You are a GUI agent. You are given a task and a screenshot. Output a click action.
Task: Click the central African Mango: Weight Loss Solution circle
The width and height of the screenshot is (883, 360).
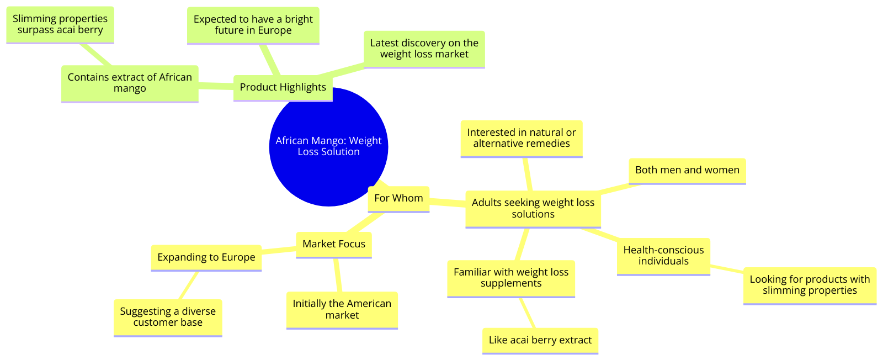[328, 147]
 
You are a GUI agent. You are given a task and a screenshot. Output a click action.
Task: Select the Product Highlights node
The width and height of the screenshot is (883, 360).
[283, 88]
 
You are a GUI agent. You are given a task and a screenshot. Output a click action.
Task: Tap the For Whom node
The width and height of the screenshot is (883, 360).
[398, 199]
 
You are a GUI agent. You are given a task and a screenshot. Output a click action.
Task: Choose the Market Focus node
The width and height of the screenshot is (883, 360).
[334, 245]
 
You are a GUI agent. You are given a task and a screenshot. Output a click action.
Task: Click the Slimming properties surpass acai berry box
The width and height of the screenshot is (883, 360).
[60, 24]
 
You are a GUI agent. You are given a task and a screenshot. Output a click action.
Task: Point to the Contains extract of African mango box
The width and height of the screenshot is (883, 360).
[130, 83]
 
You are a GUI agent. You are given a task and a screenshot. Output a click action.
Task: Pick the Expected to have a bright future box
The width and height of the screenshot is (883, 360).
[253, 25]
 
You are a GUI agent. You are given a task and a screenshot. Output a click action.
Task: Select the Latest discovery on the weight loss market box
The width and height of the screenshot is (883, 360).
[424, 49]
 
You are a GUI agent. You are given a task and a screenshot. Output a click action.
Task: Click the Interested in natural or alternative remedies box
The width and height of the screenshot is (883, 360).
[522, 139]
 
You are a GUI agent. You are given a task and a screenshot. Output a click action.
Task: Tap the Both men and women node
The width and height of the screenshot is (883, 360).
[687, 171]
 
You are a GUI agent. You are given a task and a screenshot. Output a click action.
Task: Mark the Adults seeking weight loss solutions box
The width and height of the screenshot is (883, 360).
[533, 209]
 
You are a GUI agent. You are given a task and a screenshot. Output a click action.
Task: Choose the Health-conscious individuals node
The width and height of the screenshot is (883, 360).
[663, 256]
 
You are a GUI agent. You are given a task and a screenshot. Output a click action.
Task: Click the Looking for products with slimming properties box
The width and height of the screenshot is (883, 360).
[810, 285]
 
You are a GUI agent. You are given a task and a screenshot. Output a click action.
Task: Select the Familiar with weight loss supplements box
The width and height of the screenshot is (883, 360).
[511, 278]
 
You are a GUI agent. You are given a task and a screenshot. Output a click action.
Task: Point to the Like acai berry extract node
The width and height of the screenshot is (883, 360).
[540, 341]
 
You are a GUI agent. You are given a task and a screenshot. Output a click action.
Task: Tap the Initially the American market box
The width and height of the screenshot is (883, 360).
[342, 310]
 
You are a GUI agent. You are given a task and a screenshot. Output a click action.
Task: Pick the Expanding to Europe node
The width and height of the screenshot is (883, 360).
[206, 258]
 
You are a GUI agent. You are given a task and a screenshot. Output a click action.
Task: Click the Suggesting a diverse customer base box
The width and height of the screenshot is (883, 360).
[168, 318]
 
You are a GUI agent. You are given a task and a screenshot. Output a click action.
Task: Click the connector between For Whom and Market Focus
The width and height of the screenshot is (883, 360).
[365, 223]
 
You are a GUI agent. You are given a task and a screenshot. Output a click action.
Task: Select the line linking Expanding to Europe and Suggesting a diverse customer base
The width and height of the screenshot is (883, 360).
[188, 285]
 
